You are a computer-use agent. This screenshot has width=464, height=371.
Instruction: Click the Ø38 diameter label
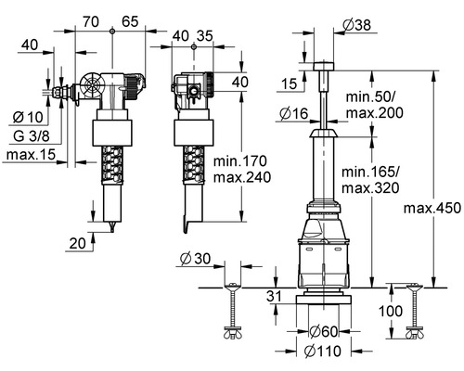357,24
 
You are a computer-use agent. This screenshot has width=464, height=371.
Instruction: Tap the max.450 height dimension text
432,208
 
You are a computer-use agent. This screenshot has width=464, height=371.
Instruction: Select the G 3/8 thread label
32,136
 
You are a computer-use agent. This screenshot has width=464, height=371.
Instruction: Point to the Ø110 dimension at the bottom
323,352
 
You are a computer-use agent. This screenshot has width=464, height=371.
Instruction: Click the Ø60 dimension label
324,332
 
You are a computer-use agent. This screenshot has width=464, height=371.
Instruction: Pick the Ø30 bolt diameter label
196,259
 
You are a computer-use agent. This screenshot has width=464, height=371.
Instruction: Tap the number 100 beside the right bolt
391,311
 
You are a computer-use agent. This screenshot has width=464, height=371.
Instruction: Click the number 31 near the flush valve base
275,296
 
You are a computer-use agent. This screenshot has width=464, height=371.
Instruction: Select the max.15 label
31,154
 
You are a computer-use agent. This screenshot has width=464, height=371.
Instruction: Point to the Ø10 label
28,117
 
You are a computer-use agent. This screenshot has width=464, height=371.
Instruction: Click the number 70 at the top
91,21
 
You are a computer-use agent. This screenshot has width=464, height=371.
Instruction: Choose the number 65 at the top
130,21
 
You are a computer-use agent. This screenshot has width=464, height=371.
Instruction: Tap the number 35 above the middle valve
205,36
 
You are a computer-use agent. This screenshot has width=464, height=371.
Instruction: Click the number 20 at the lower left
77,244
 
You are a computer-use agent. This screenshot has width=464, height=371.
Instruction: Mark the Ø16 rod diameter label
294,113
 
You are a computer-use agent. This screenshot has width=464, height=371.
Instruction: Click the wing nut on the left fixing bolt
233,335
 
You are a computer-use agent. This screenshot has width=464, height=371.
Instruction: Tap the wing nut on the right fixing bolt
415,335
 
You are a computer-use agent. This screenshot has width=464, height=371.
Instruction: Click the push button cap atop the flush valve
324,67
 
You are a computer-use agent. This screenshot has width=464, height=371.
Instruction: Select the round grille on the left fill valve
93,85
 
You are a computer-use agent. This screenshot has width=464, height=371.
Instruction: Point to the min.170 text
240,161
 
